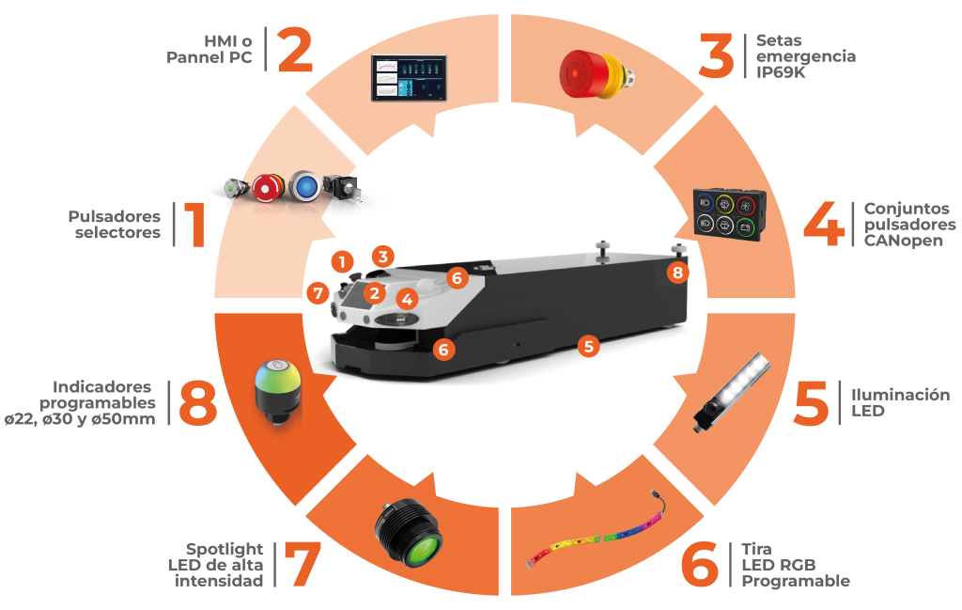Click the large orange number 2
coord(295,50)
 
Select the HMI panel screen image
coord(410,78)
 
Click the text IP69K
coord(781,72)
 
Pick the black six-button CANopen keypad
coord(730,214)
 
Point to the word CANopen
coord(903,241)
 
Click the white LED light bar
coord(732,392)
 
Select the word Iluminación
coord(900,395)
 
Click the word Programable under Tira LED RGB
coord(796,581)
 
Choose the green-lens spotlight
coord(409,531)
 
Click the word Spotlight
coord(225,549)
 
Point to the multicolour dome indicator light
coord(278,391)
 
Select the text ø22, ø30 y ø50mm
coord(80,419)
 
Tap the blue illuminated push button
coord(305,186)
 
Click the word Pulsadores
coord(114,216)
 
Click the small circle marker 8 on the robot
coord(677,273)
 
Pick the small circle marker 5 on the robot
coord(588,347)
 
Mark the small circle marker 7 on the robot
coord(318,292)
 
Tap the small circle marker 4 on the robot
coord(407,300)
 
